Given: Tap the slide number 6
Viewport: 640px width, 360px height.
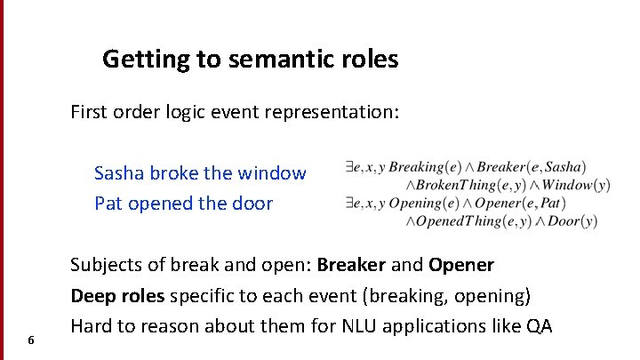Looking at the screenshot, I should point(31,340).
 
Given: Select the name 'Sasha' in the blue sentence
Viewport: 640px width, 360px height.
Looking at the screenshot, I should point(117,173).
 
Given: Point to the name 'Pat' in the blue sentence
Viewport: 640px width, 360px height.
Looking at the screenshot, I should point(108,204).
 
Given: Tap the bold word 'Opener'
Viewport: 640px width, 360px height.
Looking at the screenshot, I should point(461,265).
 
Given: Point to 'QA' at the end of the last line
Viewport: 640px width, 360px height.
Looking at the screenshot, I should point(539,325).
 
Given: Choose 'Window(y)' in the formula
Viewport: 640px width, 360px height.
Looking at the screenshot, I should point(575,185).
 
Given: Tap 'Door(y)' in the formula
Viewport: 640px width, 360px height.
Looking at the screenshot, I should point(573,221).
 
